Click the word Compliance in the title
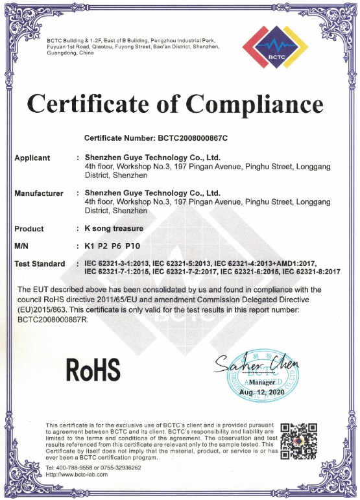(x=256, y=104)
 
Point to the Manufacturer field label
(x=39, y=193)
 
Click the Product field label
(x=29, y=228)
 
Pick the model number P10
(x=132, y=246)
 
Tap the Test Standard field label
(x=40, y=263)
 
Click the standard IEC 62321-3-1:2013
(x=117, y=263)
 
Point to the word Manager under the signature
(x=258, y=383)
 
